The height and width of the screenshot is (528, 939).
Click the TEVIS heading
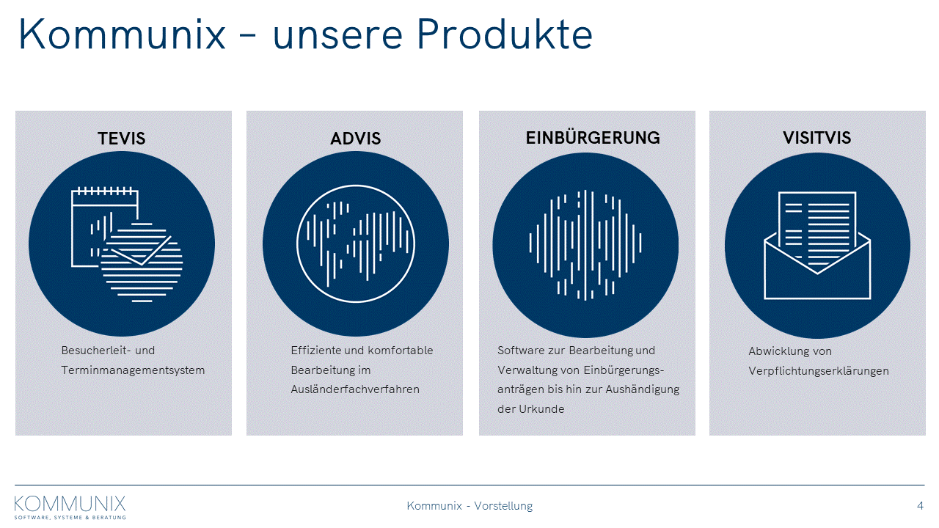122,139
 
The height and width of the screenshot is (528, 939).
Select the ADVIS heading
356,139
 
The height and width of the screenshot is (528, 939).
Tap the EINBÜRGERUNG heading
593,137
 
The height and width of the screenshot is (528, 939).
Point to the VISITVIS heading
816,137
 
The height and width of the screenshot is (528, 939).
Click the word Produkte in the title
505,34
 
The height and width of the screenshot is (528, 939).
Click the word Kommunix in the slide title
123,34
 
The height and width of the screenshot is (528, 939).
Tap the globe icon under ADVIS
356,244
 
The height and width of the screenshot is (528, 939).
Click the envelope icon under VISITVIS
817,246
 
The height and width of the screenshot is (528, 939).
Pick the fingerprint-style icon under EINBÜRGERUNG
585,245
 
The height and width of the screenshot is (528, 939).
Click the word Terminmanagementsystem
133,370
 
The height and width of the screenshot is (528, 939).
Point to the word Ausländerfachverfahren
355,389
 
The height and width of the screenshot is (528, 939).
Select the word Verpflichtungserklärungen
819,371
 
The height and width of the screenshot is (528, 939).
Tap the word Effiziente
315,351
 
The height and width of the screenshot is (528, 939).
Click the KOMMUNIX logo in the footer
70,507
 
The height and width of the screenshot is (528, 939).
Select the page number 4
920,506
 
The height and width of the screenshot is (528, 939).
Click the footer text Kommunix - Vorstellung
469,506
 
